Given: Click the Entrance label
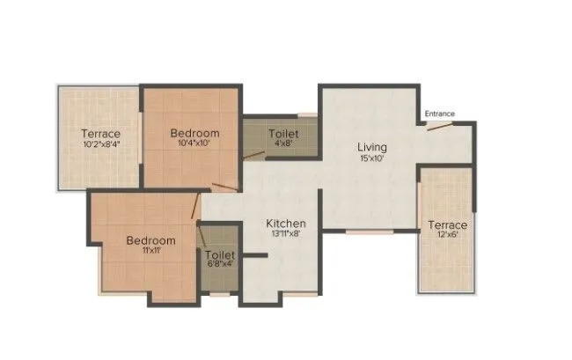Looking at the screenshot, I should (x=439, y=114).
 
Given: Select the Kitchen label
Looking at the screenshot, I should (x=286, y=224).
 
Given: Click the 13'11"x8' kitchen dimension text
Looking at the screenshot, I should (x=286, y=235).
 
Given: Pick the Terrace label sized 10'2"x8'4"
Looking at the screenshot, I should (x=101, y=133).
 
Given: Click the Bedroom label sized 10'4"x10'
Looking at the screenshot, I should (x=194, y=133).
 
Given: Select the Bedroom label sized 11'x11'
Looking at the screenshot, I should (x=150, y=240).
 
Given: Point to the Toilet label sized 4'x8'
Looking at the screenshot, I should (x=282, y=133).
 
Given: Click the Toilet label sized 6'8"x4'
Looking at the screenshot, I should (x=219, y=251).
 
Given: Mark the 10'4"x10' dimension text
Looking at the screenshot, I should (x=194, y=143).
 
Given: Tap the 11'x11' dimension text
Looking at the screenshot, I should (x=150, y=251).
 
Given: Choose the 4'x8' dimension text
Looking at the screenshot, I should (x=282, y=143).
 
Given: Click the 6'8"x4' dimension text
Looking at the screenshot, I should (x=219, y=261).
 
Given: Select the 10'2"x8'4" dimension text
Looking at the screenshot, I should (x=101, y=143).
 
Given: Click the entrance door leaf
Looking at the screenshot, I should (x=439, y=125).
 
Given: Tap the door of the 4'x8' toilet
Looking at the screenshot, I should (x=253, y=155).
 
